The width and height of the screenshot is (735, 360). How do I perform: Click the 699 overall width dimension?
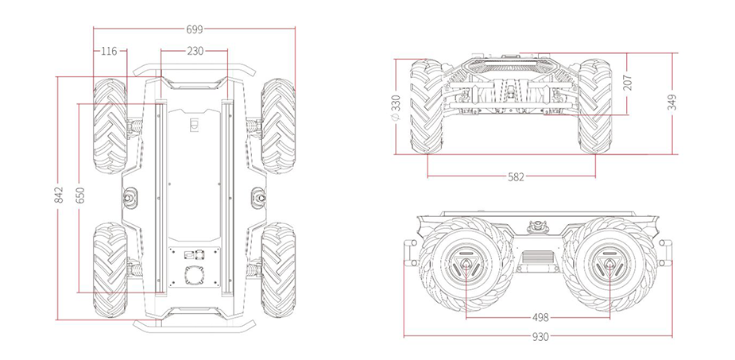[195, 29]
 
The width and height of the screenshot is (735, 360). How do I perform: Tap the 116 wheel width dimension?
[109, 52]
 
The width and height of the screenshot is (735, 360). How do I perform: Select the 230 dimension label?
[195, 52]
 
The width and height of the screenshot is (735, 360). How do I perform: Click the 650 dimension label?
[79, 198]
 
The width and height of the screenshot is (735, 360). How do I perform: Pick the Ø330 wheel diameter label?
[396, 106]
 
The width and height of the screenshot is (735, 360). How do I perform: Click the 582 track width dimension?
[516, 176]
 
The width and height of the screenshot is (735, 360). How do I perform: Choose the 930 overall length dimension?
[540, 336]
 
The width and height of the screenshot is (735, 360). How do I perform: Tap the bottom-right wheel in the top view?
[278, 270]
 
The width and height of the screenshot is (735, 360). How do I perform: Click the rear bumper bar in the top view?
[194, 325]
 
